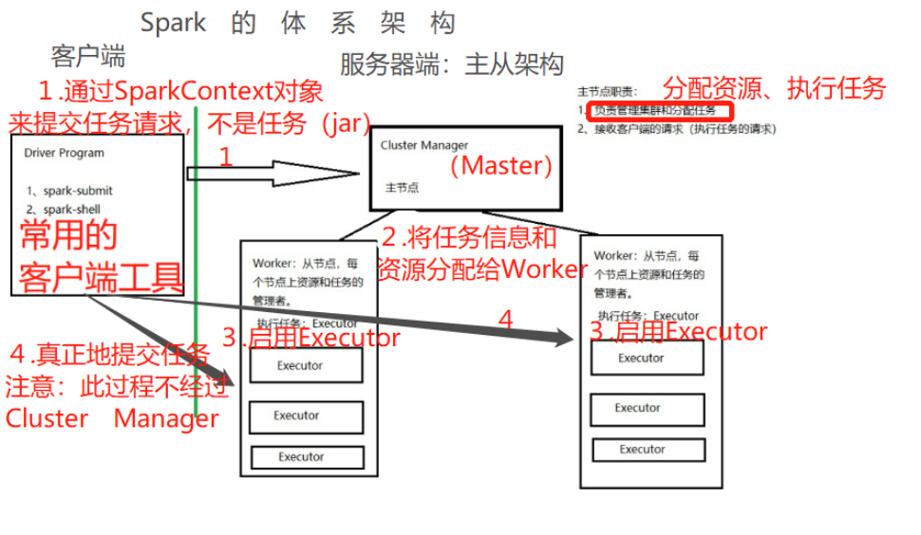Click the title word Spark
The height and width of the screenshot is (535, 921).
(x=173, y=23)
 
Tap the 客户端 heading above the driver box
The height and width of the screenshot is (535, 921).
(x=88, y=56)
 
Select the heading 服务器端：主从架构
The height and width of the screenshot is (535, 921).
(x=452, y=65)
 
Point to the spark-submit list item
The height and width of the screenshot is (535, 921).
(x=70, y=191)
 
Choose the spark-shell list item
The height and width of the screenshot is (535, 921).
(x=66, y=209)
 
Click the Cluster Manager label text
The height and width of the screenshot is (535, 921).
(x=423, y=145)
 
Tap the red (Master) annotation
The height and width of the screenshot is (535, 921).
(x=501, y=166)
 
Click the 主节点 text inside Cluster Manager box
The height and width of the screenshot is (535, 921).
(x=402, y=188)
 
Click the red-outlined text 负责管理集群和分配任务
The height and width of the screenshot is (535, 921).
(x=659, y=111)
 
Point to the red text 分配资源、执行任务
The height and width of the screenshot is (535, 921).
(x=774, y=89)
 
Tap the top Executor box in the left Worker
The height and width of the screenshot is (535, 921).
(x=306, y=365)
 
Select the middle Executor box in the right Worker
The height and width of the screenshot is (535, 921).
(x=646, y=408)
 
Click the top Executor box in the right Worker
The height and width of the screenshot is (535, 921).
(x=646, y=358)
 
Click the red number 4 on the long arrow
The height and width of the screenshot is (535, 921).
(x=505, y=321)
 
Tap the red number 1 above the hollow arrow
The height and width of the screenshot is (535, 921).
(x=225, y=157)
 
